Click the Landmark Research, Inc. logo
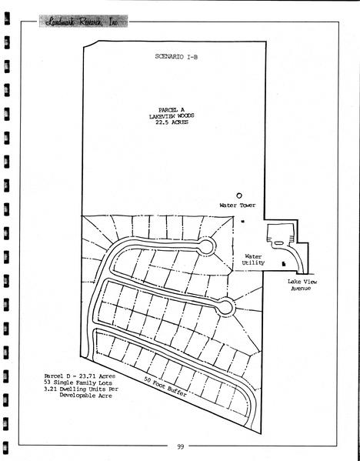(83, 21)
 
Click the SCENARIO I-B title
(176, 57)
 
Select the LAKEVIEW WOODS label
(172, 116)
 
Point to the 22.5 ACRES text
(172, 122)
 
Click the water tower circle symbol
(239, 195)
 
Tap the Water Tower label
(238, 205)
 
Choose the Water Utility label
(253, 259)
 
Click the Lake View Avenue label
(302, 285)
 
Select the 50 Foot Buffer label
(165, 386)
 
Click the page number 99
(181, 446)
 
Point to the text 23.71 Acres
(97, 376)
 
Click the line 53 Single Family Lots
(78, 382)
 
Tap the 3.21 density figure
(50, 389)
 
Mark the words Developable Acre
(86, 396)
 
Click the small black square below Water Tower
(243, 222)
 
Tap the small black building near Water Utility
(284, 264)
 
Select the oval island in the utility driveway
(279, 243)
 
